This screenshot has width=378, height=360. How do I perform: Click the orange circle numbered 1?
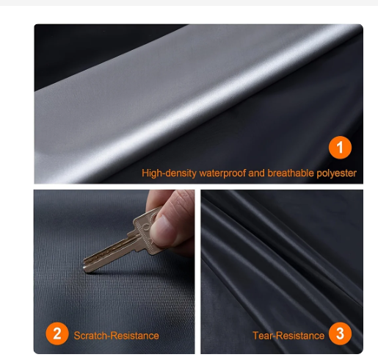pyautogui.click(x=339, y=148)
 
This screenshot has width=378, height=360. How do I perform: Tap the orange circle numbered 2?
pyautogui.click(x=57, y=334)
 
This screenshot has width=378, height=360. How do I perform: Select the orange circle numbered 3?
pyautogui.click(x=339, y=334)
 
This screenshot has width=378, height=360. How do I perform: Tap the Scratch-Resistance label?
pyautogui.click(x=116, y=336)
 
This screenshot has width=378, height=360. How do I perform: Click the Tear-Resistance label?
pyautogui.click(x=288, y=336)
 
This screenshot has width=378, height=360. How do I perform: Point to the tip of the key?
pyautogui.click(x=84, y=267)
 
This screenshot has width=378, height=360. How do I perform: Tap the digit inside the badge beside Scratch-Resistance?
pyautogui.click(x=57, y=334)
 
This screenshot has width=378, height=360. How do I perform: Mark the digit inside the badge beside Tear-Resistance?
pyautogui.click(x=339, y=334)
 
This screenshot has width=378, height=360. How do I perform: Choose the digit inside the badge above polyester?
pyautogui.click(x=339, y=148)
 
